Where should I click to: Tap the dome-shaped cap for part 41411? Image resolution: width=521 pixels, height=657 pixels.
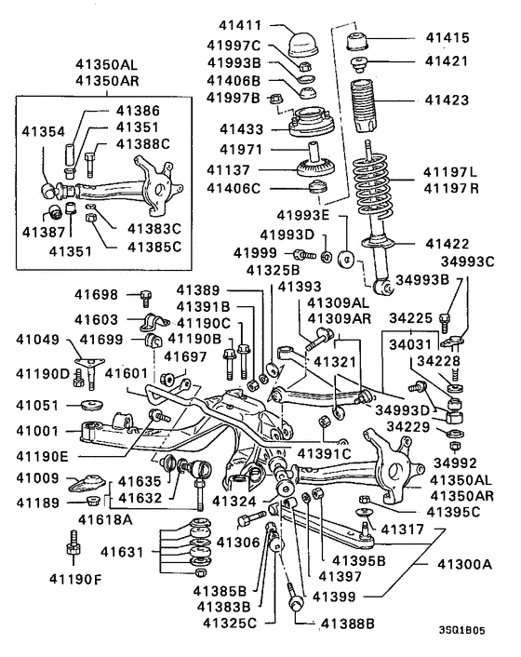click(x=303, y=45)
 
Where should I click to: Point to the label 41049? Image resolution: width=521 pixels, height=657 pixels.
click(x=40, y=340)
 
